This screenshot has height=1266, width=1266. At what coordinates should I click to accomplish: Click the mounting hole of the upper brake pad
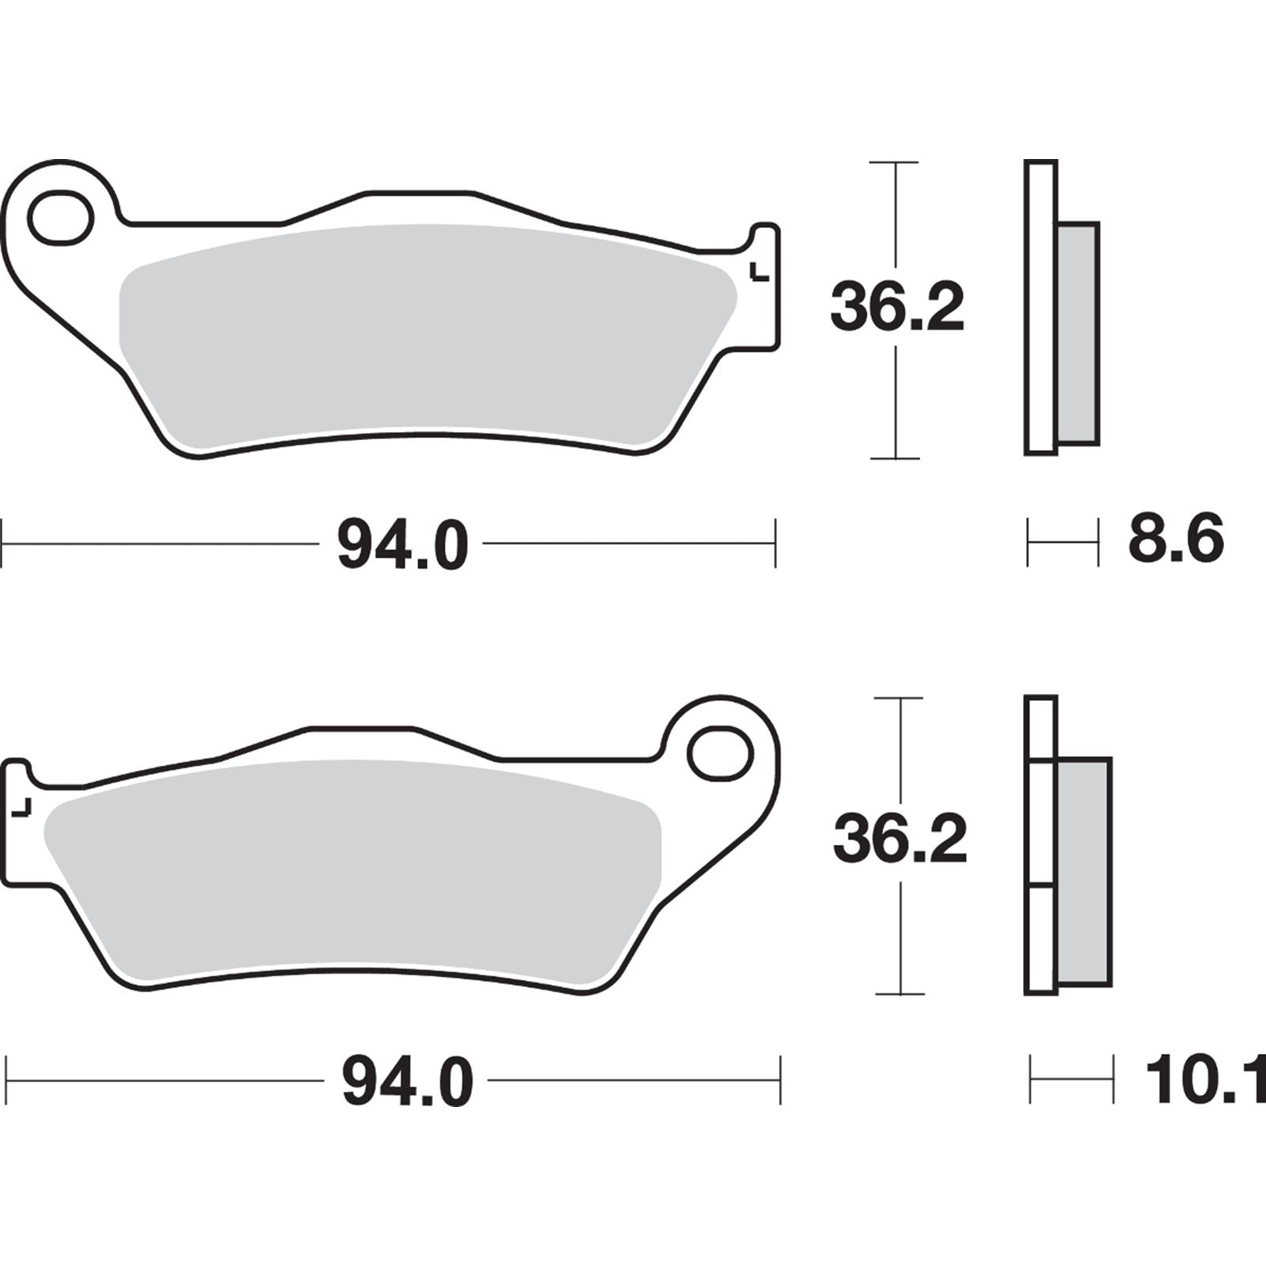61,216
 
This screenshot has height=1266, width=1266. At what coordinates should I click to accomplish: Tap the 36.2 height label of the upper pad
897,309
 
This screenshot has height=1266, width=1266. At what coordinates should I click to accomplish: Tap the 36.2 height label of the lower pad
900,840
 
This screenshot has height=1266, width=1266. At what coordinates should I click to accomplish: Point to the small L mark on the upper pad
759,271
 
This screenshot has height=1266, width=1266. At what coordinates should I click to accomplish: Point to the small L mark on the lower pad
23,807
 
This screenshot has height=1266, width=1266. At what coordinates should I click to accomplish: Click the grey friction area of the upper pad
427,332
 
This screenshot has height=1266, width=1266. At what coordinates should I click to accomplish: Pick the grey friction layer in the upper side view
1078,332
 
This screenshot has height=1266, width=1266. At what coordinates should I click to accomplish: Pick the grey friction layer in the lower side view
1083,870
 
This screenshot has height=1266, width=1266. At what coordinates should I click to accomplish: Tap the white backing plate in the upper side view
1040,309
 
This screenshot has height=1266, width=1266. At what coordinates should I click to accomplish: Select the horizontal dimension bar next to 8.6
1063,543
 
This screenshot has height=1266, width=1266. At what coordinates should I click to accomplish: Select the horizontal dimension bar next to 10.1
1071,1079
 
